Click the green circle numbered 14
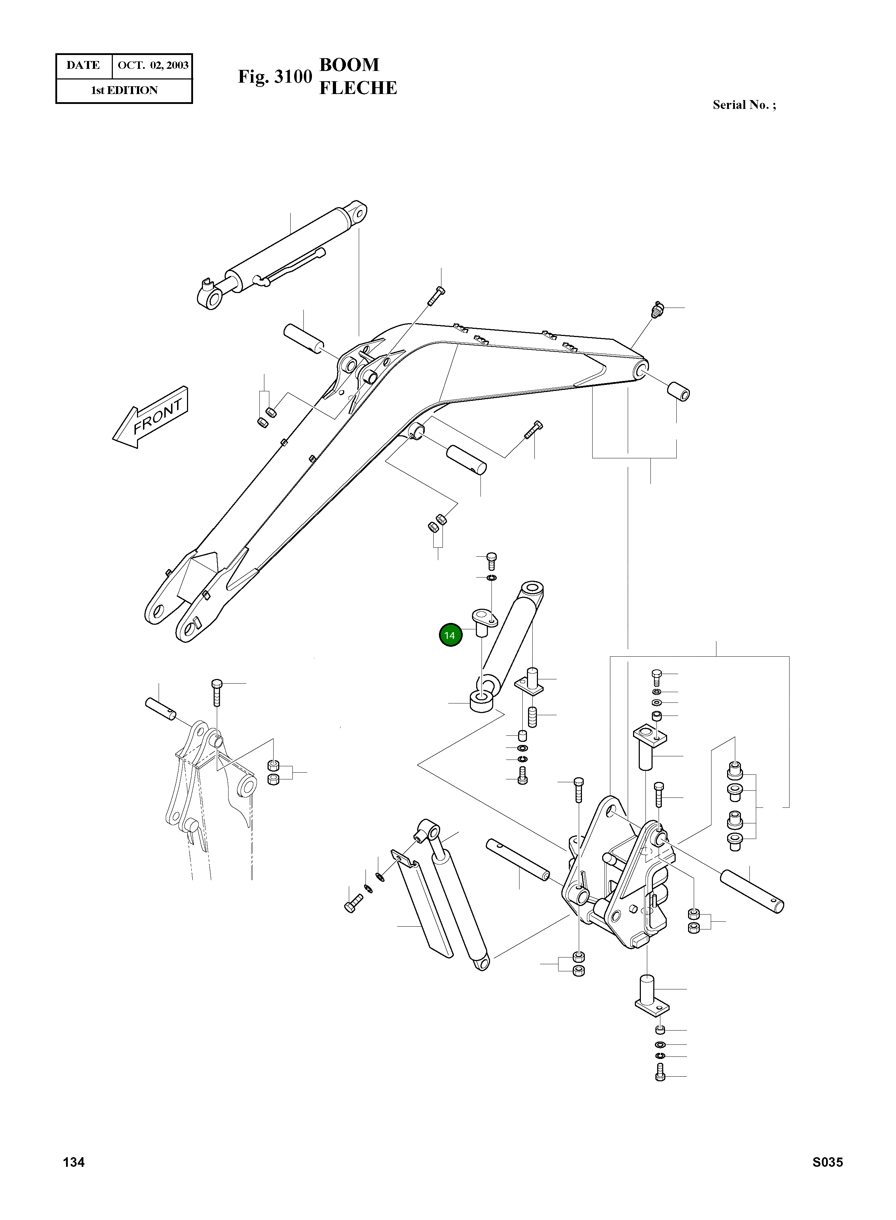450,635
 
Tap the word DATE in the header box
83,66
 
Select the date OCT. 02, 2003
153,66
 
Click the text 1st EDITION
124,90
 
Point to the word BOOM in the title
349,65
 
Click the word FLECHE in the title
358,88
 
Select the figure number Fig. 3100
275,77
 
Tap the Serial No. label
744,105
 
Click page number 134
74,1177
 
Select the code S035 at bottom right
827,1177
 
